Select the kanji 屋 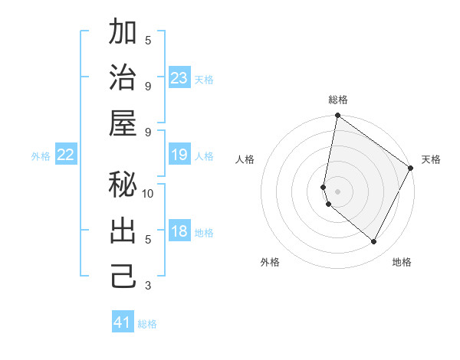coord(123,123)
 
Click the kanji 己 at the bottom coord(123,276)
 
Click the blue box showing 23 coord(179,78)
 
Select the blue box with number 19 coord(179,155)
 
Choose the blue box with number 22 coord(66,155)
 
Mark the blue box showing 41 coord(123,322)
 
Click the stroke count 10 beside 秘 coord(148,194)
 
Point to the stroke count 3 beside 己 coord(148,286)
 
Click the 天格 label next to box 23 coord(203,79)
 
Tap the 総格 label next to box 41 coord(147,323)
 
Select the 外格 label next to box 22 coord(41,156)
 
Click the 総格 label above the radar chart coord(338,100)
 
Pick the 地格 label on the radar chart coord(402,262)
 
